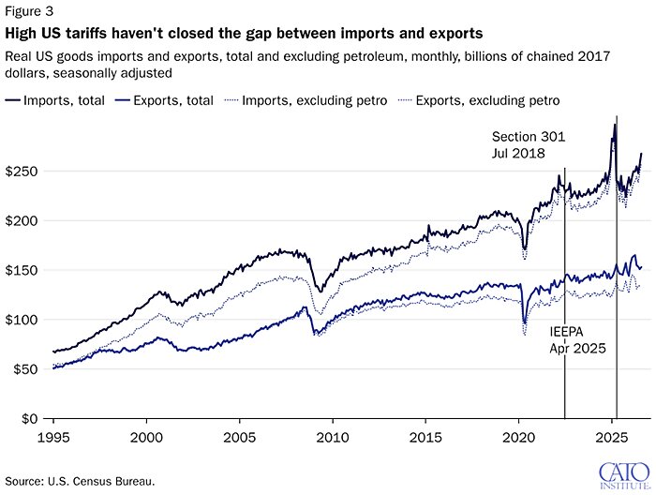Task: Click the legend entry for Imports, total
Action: coord(54,100)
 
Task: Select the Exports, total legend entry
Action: coord(164,100)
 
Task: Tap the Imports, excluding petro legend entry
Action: coord(306,100)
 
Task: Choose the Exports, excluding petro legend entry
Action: coord(479,100)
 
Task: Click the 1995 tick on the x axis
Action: coord(53,438)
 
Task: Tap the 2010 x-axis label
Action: coord(333,438)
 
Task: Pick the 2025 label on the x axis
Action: coord(612,438)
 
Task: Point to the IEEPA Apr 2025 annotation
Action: coord(578,340)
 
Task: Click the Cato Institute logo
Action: coord(625,475)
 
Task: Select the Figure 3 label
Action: coord(29,11)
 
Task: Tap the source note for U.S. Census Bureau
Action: coord(80,481)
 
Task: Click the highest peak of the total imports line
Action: coord(615,124)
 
